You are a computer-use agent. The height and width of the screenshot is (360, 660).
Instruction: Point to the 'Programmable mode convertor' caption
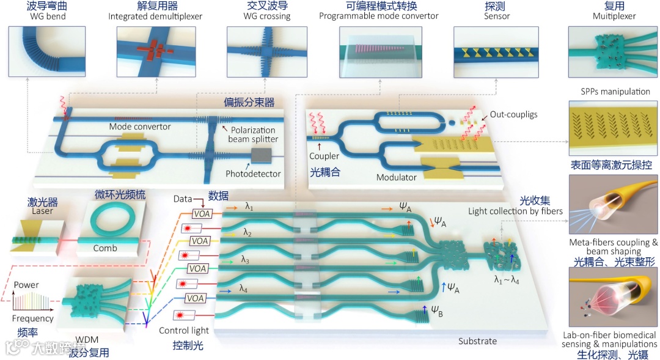coord(379,16)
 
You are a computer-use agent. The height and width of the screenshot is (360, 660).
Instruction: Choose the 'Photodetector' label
coord(253,174)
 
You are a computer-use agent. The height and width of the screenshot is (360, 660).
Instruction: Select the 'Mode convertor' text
coord(140,127)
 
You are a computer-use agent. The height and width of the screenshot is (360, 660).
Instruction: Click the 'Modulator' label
coord(397,177)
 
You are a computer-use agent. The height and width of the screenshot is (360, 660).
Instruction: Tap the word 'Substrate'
coord(477,340)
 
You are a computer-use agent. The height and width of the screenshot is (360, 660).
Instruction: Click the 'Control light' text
coord(184,331)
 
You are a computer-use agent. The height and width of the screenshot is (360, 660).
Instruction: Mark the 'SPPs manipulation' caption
coord(614,92)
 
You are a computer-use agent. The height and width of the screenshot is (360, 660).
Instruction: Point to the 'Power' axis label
coord(26,285)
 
